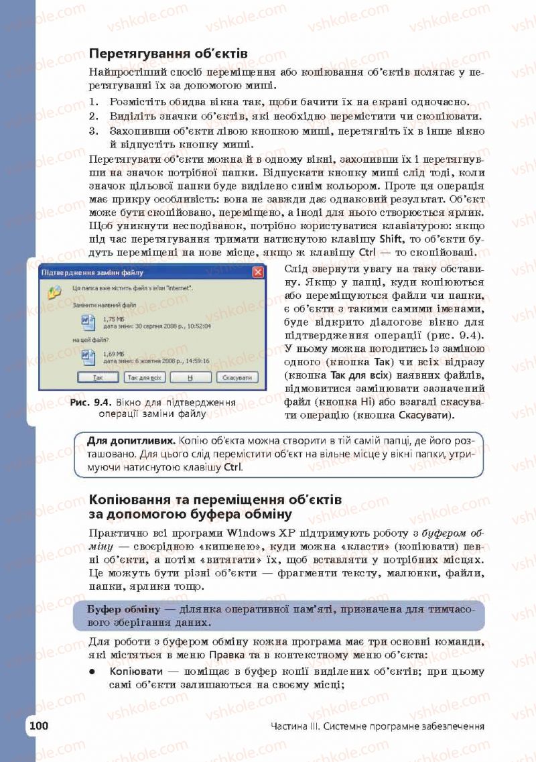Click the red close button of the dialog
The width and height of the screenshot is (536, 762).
pos(257,273)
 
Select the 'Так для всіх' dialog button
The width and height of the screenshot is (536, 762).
pos(145,378)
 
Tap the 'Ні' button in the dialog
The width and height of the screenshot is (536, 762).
pos(190,378)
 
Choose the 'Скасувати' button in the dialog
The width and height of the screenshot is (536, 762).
pos(237,378)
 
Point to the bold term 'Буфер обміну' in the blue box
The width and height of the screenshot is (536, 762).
pos(124,609)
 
